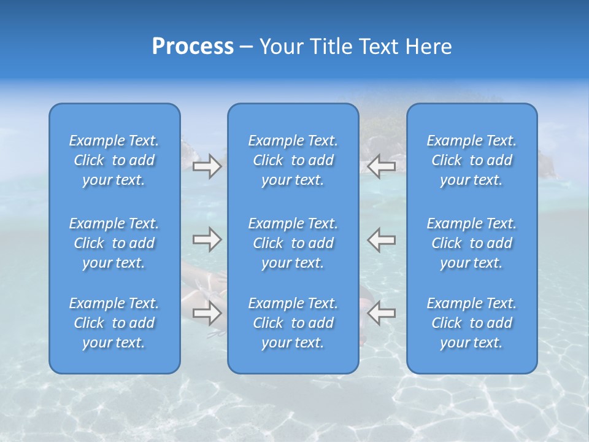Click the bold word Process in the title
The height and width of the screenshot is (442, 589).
point(193,47)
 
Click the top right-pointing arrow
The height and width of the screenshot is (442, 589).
point(207,166)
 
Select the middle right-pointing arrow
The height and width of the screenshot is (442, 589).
point(207,239)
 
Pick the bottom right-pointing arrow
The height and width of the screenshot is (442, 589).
point(207,313)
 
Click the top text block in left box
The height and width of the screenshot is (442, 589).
point(114,160)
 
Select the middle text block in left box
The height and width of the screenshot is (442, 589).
point(114,243)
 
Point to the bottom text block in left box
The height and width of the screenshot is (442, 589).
point(114,323)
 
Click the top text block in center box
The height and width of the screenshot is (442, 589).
point(293,160)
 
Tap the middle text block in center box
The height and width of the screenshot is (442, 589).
point(293,243)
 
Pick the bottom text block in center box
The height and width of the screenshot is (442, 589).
point(293,323)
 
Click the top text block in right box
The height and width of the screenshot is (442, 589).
point(471,160)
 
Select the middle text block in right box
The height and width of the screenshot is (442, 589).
point(471,243)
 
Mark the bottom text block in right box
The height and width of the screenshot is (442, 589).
point(471,323)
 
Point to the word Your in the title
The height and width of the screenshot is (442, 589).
point(282,47)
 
